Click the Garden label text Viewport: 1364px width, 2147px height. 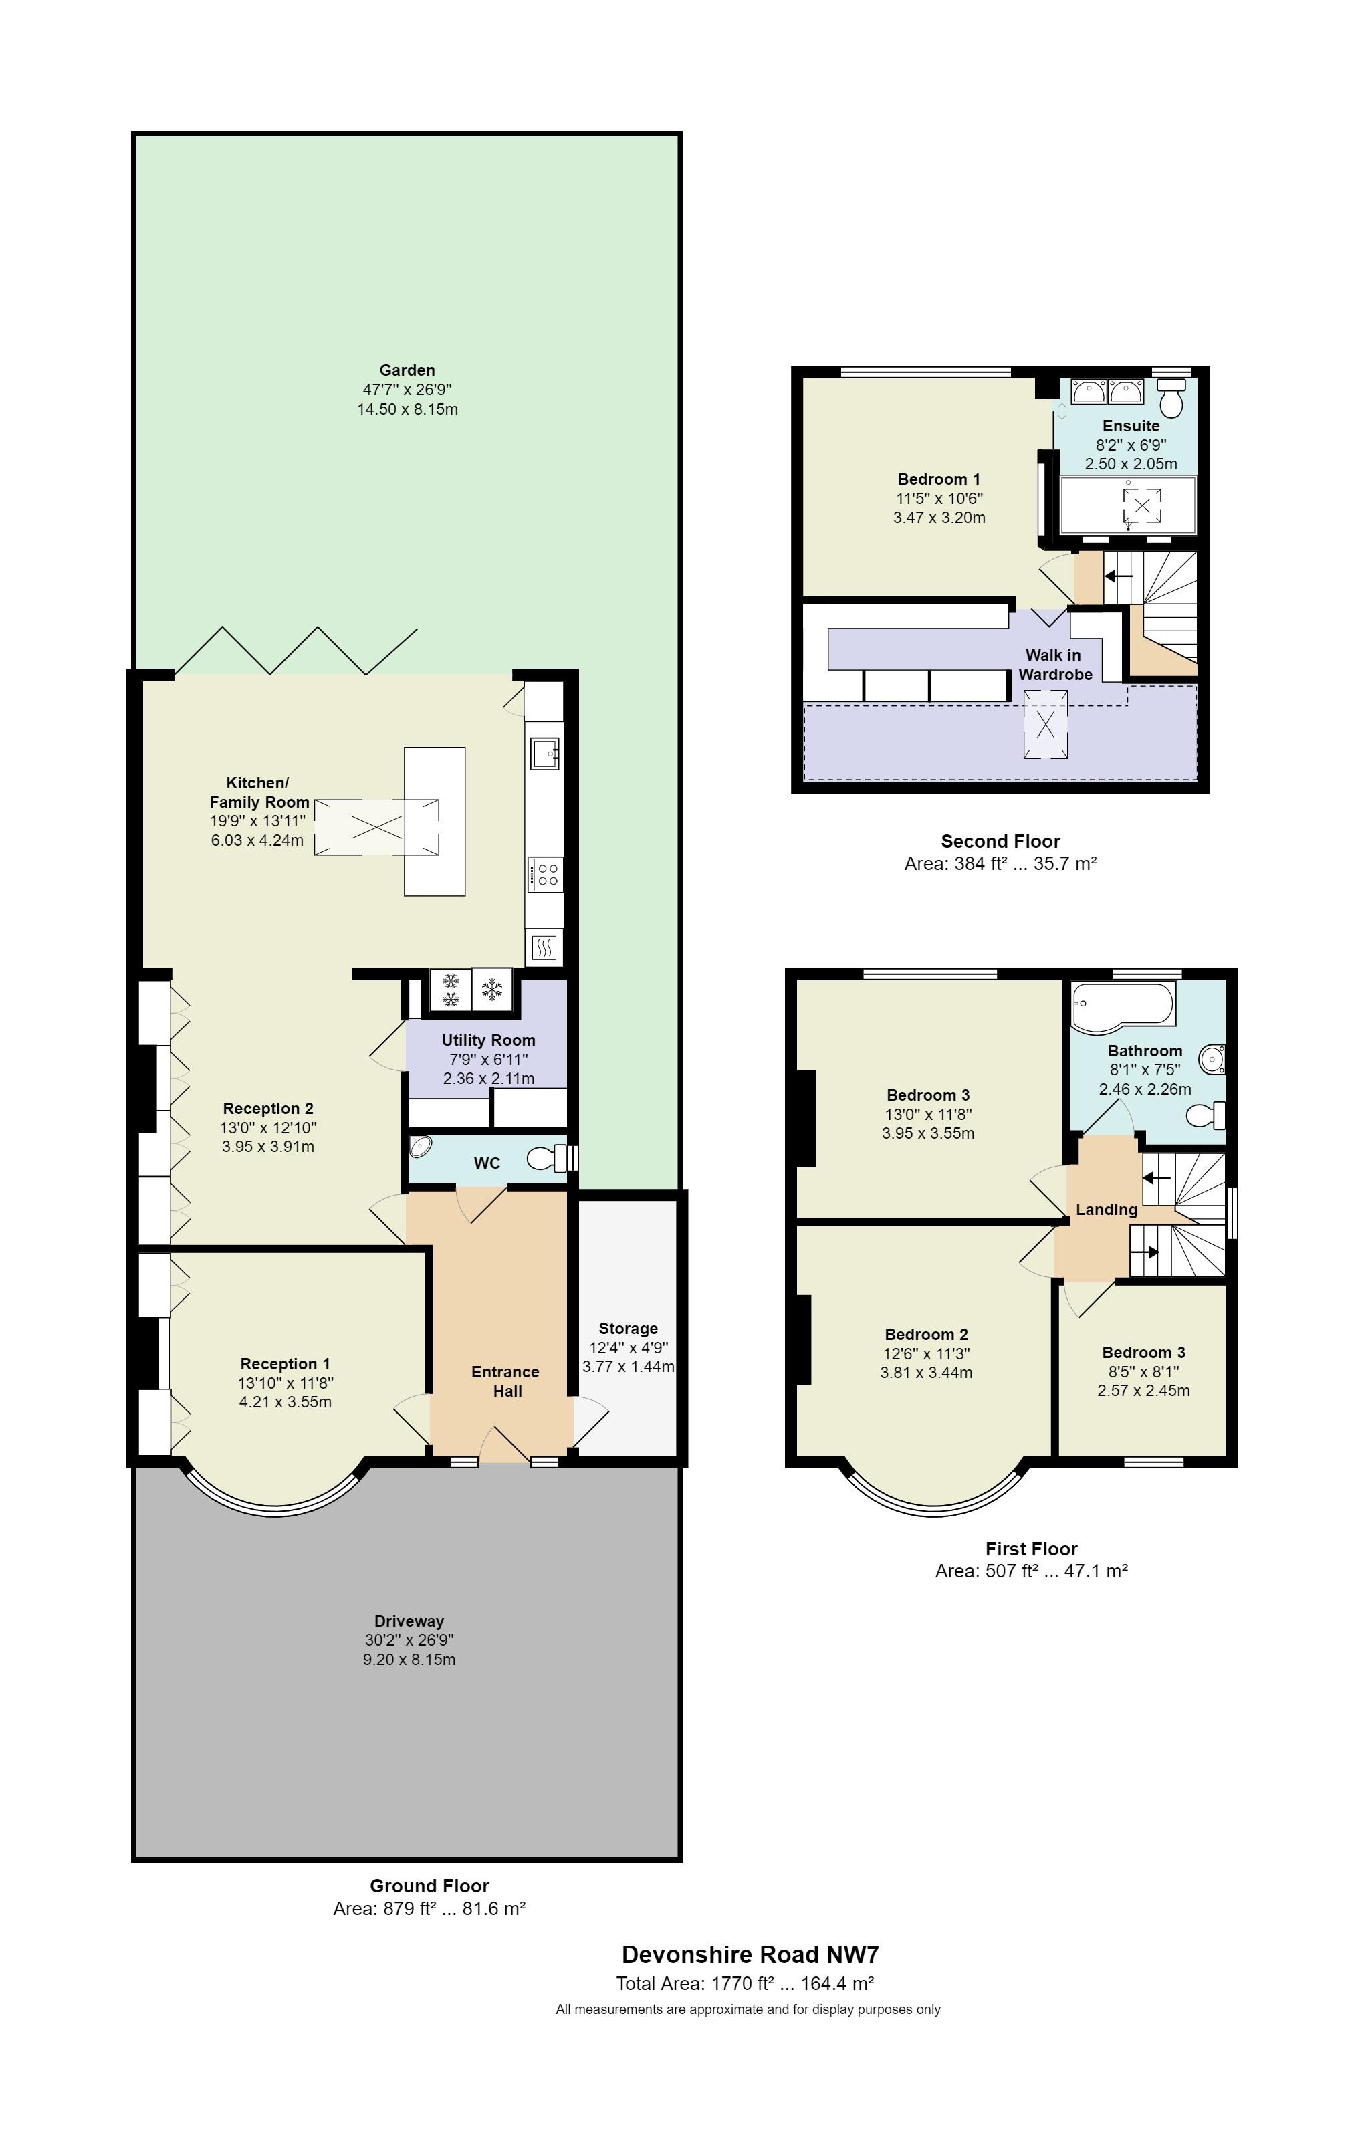(407, 370)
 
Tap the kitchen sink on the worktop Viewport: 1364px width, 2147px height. (544, 752)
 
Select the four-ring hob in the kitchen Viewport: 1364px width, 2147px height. (545, 873)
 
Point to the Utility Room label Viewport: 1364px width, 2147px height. (489, 1040)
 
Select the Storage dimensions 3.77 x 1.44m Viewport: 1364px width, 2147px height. (628, 1366)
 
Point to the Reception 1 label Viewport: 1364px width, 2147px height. (286, 1363)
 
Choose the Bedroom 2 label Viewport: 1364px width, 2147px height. (926, 1334)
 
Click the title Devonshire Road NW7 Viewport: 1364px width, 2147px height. (750, 1954)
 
